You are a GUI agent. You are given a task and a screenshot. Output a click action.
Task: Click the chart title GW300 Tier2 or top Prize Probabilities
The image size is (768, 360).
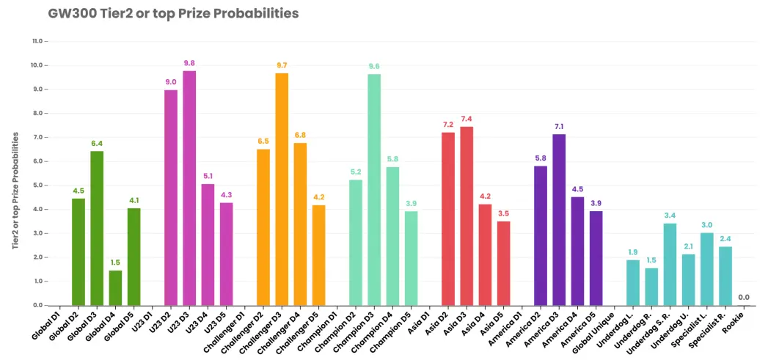173,14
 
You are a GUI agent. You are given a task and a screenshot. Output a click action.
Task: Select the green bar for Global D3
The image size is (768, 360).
97,228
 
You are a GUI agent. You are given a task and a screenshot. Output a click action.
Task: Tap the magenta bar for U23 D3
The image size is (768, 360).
189,188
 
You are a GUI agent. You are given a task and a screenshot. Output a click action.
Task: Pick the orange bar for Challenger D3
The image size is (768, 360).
282,190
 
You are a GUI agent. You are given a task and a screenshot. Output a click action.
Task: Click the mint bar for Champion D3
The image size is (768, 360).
375,190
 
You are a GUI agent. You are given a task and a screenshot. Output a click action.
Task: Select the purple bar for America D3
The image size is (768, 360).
560,220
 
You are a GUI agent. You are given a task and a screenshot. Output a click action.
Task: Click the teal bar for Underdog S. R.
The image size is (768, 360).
670,265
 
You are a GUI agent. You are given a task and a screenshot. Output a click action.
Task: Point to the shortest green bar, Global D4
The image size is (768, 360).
116,288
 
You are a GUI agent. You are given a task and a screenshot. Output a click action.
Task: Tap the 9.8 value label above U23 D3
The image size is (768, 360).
189,63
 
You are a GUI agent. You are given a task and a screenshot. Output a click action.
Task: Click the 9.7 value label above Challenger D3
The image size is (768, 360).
282,66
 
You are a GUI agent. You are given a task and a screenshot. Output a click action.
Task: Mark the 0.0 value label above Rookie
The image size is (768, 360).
744,297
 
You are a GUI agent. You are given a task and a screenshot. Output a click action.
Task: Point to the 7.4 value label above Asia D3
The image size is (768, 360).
467,119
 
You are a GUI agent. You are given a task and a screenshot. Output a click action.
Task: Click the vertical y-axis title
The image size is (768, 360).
15,191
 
